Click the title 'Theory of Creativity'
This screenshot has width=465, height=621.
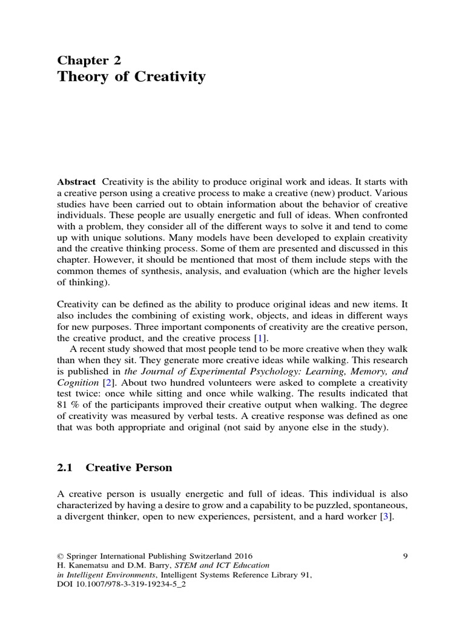(x=131, y=77)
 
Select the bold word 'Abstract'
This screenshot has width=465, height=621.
(x=76, y=182)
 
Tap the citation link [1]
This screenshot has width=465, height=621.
(x=259, y=338)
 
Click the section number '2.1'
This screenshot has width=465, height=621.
(x=65, y=468)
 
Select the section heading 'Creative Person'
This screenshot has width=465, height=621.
(x=129, y=468)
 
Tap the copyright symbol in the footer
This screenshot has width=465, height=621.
(x=60, y=556)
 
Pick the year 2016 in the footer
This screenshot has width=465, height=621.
(x=241, y=556)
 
